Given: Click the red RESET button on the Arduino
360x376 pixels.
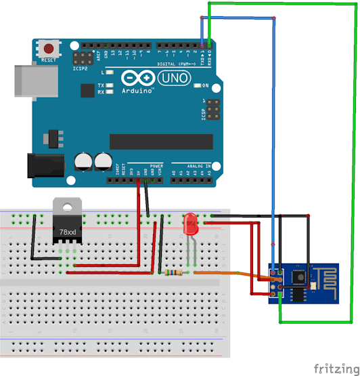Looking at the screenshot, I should (49, 49).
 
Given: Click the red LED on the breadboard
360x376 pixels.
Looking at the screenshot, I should (192, 223).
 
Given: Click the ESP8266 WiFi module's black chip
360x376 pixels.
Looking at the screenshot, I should (298, 277).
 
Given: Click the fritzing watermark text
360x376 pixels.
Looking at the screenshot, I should (336, 367).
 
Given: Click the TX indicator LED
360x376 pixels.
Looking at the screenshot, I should (108, 86).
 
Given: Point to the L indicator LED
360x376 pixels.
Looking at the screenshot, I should (108, 72).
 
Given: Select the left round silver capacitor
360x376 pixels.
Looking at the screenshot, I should (84, 161).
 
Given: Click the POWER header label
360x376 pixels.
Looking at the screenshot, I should (156, 165).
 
